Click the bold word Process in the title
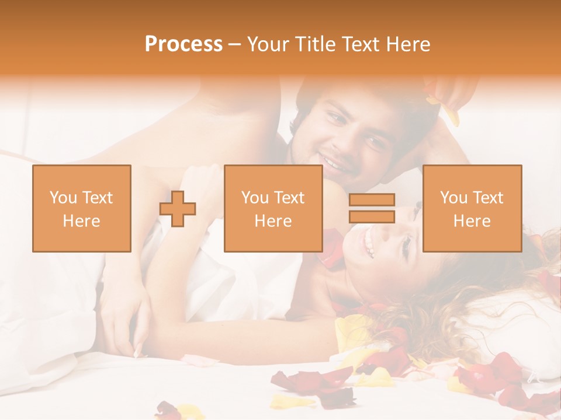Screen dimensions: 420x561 tap(183, 44)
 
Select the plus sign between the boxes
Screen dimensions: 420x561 tap(178, 208)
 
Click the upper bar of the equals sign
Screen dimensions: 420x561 tap(372, 199)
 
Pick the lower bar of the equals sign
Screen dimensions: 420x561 tap(372, 216)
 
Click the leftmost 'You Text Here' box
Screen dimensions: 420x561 tap(81, 208)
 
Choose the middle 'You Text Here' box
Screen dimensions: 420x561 tap(273, 208)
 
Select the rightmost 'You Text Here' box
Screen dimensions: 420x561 tap(472, 208)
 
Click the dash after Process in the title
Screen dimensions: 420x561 tap(235, 44)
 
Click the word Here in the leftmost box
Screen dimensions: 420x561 tap(81, 221)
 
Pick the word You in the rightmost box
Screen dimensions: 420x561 tap(453, 198)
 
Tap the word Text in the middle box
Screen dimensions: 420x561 tap(290, 198)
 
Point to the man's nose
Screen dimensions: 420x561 tap(345, 139)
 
